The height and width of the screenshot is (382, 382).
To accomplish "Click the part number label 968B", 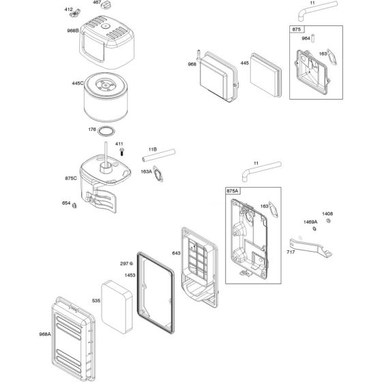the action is pos(73,31).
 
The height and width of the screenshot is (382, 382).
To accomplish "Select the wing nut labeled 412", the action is pos(74,14).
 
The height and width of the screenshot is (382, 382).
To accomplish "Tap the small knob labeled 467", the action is pos(106,5).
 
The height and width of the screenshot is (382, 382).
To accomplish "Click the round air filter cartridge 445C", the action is pos(106,97).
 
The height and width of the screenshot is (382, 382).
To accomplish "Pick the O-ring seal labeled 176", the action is pos(106,131).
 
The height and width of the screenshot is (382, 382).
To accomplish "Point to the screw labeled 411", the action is pos(122,151).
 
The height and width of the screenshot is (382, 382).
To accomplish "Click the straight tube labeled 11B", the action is pos(158,156).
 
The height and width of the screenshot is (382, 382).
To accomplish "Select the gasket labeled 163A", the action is pos(158,174).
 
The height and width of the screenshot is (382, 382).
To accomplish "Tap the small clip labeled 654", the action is pos(74,205).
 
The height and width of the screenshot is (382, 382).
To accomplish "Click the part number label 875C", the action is pos(71,178).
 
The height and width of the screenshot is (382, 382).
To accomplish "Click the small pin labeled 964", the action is pos(313,38).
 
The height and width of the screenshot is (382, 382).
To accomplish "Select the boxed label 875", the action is pos(297,29).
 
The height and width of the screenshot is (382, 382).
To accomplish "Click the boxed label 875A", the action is pos(233,191).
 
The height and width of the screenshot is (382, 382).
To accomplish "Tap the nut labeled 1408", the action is pos(328,221).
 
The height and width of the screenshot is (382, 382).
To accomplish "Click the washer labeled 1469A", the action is pos(314,229).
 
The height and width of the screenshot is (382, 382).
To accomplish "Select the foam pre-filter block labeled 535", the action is pos(117,307).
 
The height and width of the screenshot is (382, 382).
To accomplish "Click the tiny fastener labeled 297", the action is pos(131,263).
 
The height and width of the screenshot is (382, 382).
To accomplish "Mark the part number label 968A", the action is pos(45,334).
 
